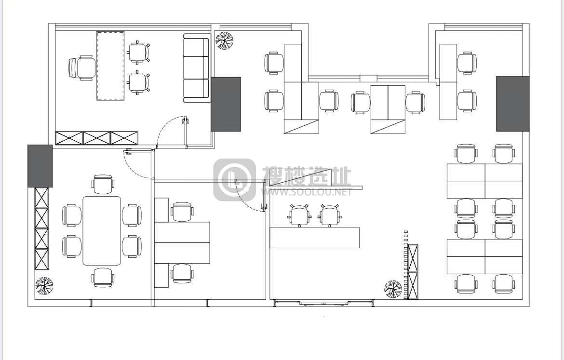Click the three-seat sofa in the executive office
coord(196,68)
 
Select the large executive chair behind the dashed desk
coord(82,67)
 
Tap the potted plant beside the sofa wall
coord(225,40)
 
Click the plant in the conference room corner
coord(44,286)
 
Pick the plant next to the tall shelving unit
coord(393,289)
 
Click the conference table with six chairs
coord(102,230)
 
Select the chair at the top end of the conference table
coord(103,185)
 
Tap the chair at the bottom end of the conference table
coord(103,277)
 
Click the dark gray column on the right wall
coord(512,104)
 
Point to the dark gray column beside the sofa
coord(226,104)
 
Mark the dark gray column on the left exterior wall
coord(40,166)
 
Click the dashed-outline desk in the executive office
coord(110,66)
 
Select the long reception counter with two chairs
coord(315,238)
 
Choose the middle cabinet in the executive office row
coord(97,138)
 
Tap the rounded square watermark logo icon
coord(235,179)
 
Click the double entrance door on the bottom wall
coord(324,303)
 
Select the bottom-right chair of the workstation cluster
coord(504,284)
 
